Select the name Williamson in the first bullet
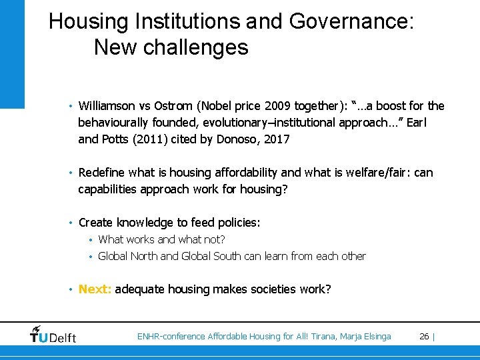[x=107, y=106]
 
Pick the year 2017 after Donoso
[x=277, y=139]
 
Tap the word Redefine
[x=102, y=173]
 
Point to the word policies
[x=238, y=223]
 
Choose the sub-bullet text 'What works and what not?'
[x=161, y=239]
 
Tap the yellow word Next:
[x=95, y=289]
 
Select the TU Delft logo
[x=53, y=334]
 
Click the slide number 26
[x=423, y=336]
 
